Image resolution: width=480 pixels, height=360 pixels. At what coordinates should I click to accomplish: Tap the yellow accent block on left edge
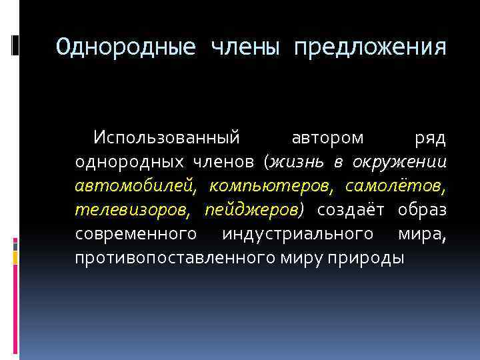[x=15, y=258]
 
